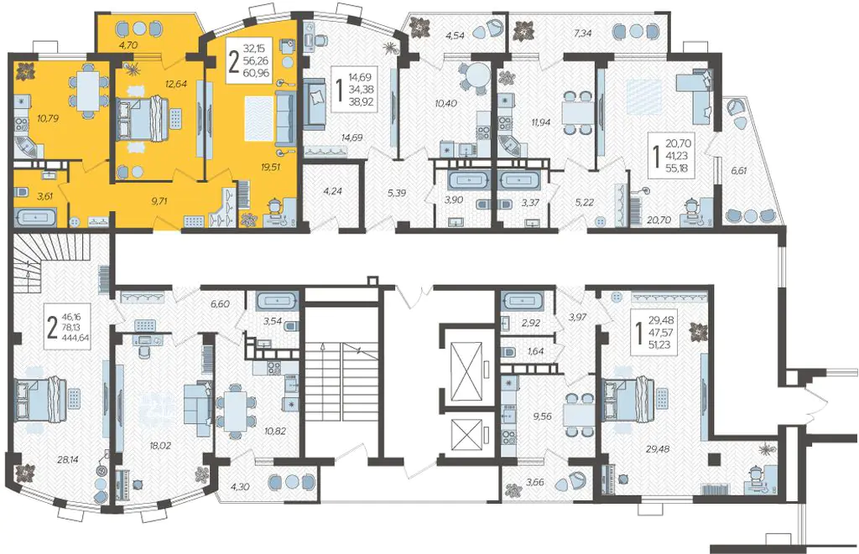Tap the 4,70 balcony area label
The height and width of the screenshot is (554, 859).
[x=128, y=45]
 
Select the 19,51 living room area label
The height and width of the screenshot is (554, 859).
[x=271, y=167]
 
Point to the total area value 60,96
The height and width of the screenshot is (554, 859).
[x=259, y=72]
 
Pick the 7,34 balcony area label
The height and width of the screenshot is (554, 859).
[x=583, y=34]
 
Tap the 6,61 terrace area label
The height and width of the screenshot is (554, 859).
[x=738, y=170]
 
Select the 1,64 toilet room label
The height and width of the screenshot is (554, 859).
[x=535, y=351]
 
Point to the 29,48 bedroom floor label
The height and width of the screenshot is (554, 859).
[x=658, y=449]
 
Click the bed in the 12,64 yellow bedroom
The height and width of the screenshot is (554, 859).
[x=146, y=118]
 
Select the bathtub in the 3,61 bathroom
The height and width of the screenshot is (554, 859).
[x=35, y=217]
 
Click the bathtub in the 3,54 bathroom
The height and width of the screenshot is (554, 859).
[x=275, y=301]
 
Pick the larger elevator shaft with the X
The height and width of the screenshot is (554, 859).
[x=465, y=364]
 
